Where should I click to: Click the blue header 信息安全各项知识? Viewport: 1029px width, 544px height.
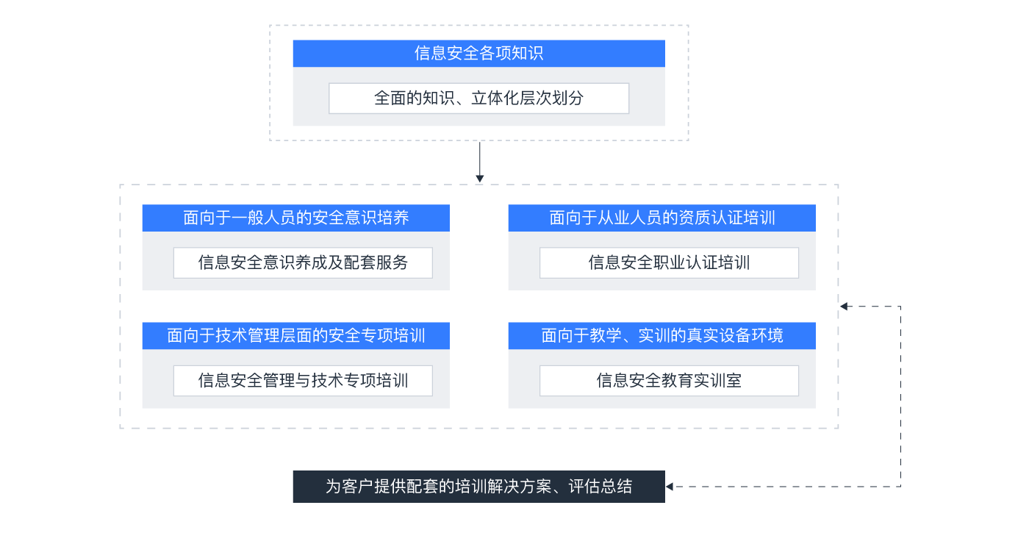pyautogui.click(x=478, y=54)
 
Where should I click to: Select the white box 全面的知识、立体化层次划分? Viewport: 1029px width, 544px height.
pyautogui.click(x=478, y=99)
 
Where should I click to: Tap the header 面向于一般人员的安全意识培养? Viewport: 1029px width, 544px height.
pyautogui.click(x=295, y=218)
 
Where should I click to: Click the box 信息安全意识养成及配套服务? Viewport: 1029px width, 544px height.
pyautogui.click(x=303, y=262)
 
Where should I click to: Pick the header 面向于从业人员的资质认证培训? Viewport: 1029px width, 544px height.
pyautogui.click(x=661, y=218)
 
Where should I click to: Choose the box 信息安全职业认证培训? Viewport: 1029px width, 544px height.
pyautogui.click(x=669, y=262)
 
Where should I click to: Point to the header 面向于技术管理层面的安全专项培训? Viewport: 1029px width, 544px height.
pyautogui.click(x=295, y=336)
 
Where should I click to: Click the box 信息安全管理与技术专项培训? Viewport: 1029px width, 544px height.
pyautogui.click(x=303, y=381)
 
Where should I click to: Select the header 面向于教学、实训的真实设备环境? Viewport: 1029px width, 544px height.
pyautogui.click(x=661, y=336)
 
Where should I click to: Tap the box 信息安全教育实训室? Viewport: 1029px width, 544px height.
pyautogui.click(x=669, y=381)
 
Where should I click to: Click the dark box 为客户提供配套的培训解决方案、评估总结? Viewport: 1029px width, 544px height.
pyautogui.click(x=478, y=487)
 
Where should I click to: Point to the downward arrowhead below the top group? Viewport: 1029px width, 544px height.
pyautogui.click(x=480, y=178)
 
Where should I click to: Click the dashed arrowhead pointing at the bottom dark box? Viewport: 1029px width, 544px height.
pyautogui.click(x=670, y=487)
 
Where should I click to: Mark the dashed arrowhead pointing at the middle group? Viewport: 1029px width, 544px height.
pyautogui.click(x=845, y=307)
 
